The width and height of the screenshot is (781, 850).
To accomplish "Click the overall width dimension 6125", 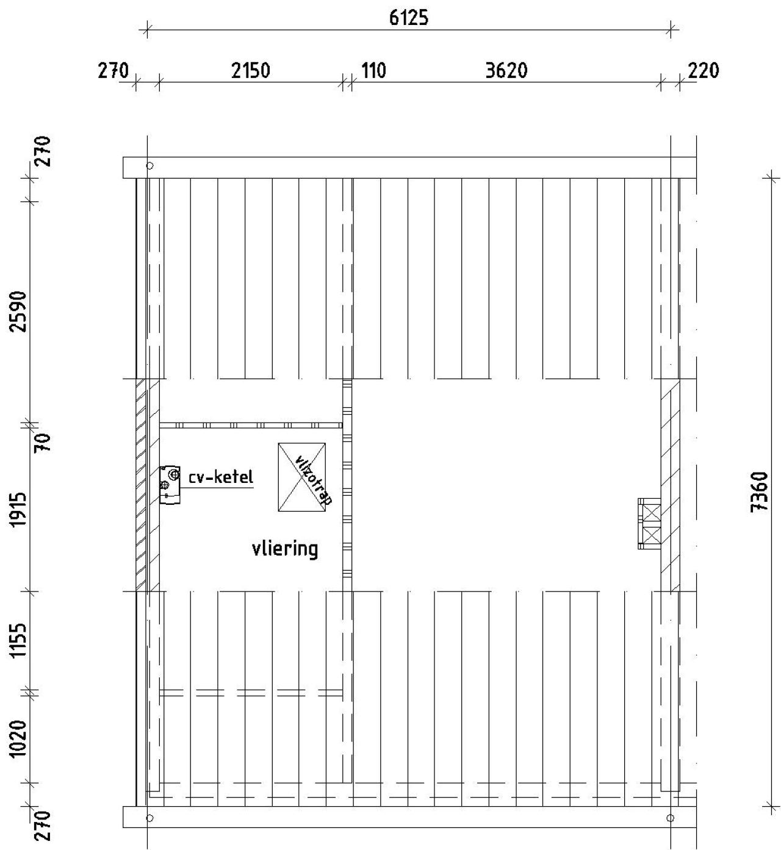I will point(408,18).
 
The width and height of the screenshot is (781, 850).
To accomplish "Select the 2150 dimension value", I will point(250,71).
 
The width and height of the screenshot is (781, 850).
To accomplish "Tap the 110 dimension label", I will point(373,71).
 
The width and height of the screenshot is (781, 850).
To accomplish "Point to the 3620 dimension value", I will point(506,71).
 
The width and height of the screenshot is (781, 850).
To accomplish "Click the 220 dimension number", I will point(704,71).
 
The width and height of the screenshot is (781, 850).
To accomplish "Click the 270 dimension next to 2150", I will point(113,71).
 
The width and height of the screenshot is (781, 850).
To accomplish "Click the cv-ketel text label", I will point(220,477).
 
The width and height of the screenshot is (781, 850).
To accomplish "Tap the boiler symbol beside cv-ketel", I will point(170,485).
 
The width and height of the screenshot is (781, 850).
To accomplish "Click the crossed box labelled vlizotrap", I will point(301,477).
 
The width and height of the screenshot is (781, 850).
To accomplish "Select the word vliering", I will point(285,549).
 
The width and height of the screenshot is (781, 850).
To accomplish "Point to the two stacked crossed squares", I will point(650,523).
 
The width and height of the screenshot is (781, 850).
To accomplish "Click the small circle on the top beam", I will point(150,165).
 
